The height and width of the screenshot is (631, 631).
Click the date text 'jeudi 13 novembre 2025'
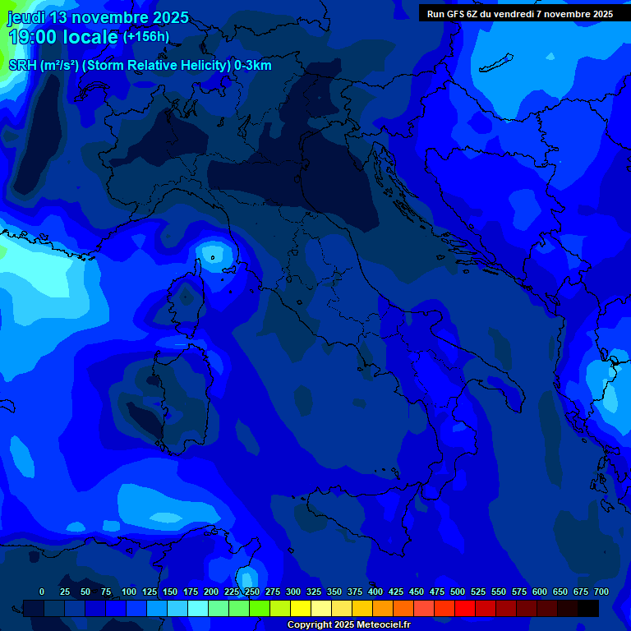[98, 17]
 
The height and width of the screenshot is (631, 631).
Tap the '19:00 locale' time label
[63, 37]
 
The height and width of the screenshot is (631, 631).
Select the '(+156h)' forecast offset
[146, 36]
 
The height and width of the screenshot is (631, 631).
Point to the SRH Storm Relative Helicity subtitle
[140, 66]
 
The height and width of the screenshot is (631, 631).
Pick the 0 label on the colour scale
[42, 592]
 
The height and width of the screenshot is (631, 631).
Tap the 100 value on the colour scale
[129, 592]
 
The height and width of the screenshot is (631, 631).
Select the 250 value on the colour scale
[252, 592]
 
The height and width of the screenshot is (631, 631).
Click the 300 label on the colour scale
[293, 592]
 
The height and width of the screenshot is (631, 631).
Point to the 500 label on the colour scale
[458, 592]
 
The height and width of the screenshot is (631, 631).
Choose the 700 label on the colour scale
[601, 592]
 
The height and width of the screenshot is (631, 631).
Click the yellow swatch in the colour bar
[301, 608]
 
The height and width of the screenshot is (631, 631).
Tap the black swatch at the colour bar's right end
[588, 608]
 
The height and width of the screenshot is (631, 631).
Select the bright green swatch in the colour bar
[260, 608]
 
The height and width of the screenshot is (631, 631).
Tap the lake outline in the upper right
[496, 63]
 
